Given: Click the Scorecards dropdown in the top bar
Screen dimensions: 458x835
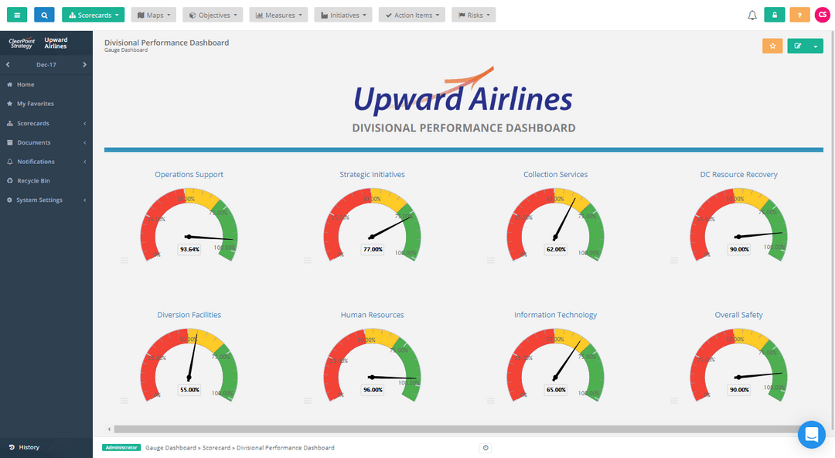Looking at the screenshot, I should click(93, 15).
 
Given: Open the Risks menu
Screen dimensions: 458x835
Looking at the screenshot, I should click(473, 15).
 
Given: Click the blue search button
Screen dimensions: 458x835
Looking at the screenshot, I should click(44, 15).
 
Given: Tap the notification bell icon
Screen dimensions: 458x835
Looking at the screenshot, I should click(752, 15).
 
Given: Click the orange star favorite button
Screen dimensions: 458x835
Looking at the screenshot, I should click(772, 46).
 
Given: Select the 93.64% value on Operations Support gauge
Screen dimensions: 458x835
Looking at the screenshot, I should click(189, 249).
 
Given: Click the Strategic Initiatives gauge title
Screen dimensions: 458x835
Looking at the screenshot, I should click(372, 175).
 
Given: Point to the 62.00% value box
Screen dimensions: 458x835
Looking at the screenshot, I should click(556, 249).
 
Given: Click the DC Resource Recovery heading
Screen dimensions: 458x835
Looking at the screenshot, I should click(738, 175).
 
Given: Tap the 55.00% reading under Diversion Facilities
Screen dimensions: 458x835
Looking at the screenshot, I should click(189, 390).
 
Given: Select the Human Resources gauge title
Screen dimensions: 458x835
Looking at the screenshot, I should click(372, 316).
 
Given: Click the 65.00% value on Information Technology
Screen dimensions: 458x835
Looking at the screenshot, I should click(556, 390).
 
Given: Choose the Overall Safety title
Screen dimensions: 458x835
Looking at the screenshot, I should click(738, 316).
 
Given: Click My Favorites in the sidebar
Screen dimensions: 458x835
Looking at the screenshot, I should click(35, 104).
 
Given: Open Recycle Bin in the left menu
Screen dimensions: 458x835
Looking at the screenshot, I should click(33, 181).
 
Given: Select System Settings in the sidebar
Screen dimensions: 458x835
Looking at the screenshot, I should click(39, 200).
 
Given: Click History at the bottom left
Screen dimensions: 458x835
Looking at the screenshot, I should click(29, 447).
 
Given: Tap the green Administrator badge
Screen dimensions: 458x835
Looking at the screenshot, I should click(121, 448).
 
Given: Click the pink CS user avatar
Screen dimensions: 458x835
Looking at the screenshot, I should click(823, 15).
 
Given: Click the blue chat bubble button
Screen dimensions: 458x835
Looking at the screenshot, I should click(811, 435).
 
